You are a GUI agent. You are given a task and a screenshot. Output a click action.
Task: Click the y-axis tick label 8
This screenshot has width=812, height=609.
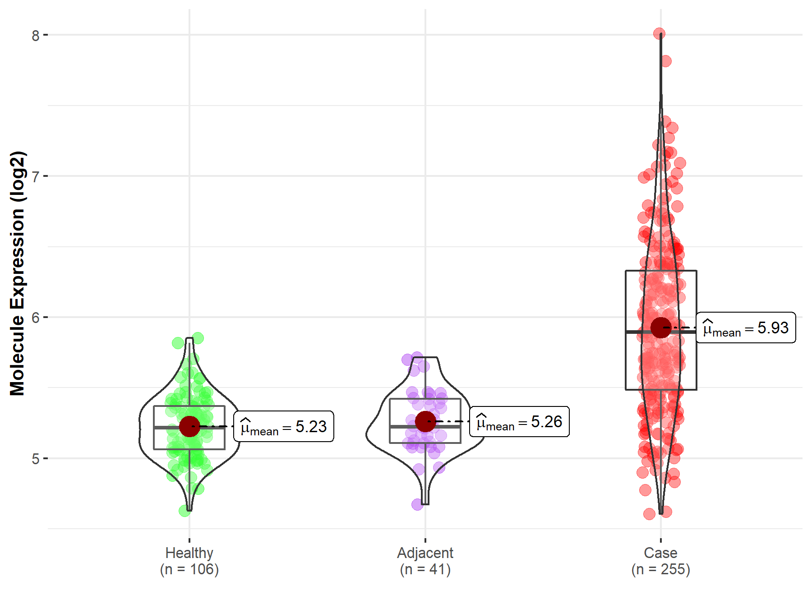[x=36, y=35]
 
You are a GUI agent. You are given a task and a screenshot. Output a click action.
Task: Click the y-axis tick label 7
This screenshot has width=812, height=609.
[x=36, y=176]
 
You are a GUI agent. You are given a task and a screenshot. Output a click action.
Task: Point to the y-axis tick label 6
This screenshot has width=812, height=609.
[x=36, y=318]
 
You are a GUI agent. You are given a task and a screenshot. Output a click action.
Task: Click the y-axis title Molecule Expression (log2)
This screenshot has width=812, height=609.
[x=17, y=273]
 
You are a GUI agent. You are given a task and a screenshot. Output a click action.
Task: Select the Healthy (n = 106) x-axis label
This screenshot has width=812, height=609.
[x=189, y=561]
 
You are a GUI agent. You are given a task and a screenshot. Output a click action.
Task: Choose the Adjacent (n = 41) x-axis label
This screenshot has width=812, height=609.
[x=425, y=561]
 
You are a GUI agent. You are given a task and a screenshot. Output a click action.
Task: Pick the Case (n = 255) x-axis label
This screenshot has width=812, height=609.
[x=660, y=561]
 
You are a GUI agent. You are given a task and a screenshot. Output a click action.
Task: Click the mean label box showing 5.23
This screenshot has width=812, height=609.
[x=284, y=426]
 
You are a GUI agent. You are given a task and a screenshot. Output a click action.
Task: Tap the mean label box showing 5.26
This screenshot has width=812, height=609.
[x=519, y=422]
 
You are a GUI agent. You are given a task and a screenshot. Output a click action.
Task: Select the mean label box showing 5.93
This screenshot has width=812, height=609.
[x=746, y=328]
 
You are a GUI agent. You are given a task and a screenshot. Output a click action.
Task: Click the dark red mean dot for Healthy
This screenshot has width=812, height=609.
[x=189, y=426]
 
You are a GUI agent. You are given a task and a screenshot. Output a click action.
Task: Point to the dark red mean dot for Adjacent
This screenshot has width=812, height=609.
[x=425, y=421]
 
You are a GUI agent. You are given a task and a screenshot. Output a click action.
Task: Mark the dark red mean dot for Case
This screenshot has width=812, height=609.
[x=661, y=328]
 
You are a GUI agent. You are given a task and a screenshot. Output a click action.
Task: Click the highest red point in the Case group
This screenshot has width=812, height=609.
[x=659, y=33]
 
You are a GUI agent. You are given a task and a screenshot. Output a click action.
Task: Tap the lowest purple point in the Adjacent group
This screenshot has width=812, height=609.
[x=417, y=504]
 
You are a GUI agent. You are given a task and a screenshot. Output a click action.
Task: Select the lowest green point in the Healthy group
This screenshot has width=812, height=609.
[x=185, y=511]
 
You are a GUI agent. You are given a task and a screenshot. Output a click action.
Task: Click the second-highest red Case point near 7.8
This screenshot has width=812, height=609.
[x=666, y=61]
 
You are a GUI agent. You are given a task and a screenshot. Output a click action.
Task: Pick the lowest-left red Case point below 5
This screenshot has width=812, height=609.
[x=649, y=514]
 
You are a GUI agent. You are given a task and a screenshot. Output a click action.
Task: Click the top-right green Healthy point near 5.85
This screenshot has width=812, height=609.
[x=198, y=338]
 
